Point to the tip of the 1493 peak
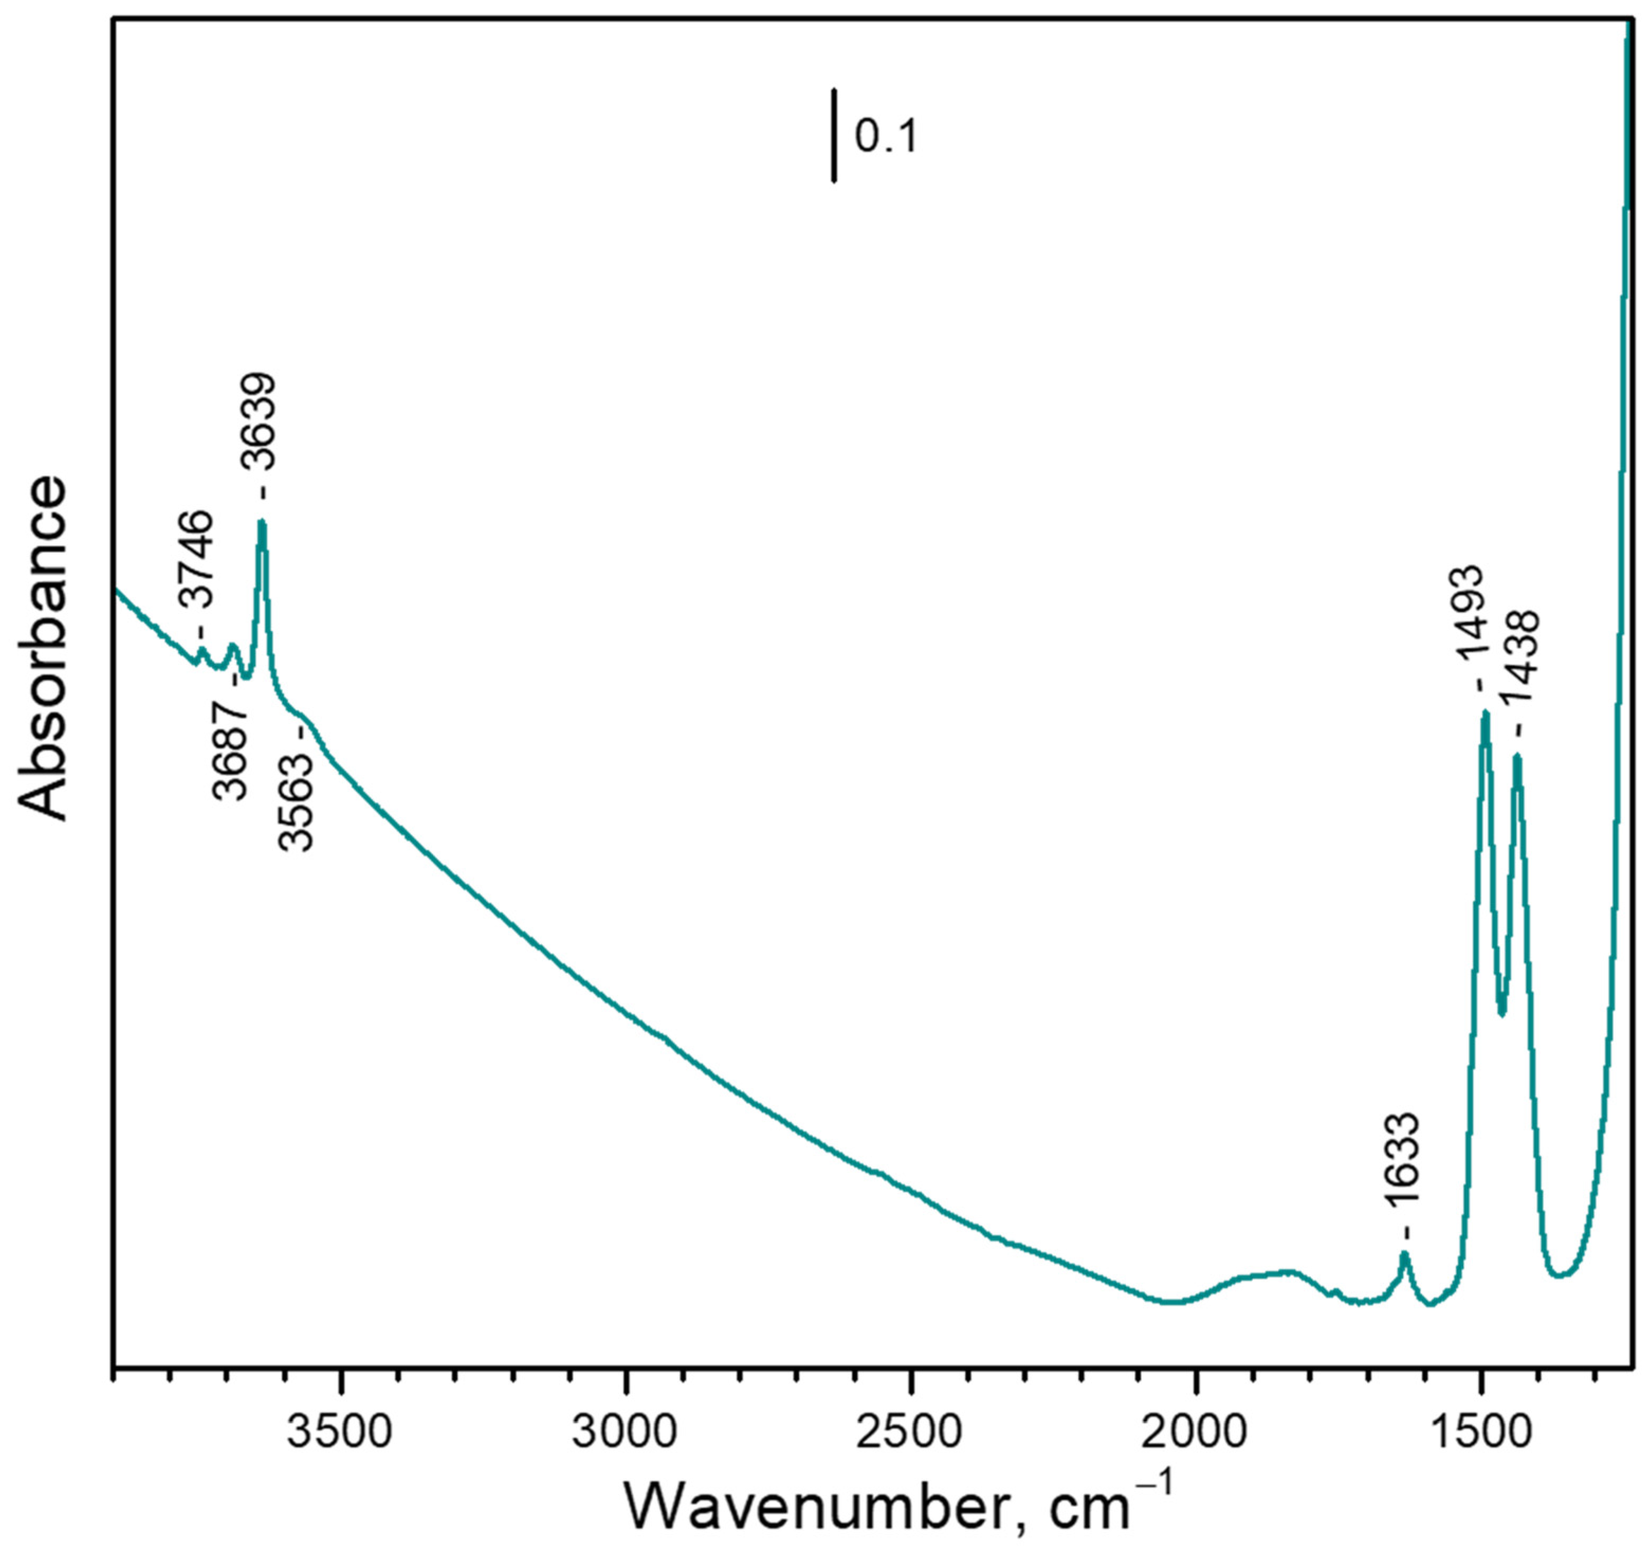coord(1486,713)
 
